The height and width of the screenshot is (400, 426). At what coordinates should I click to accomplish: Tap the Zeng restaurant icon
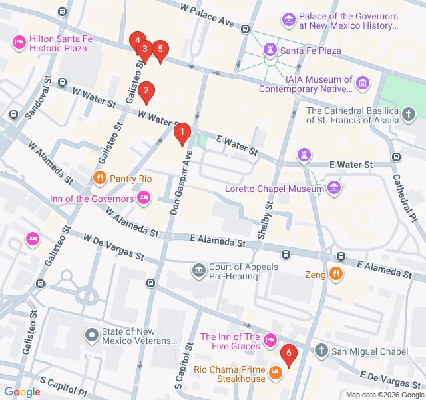coord(336,274)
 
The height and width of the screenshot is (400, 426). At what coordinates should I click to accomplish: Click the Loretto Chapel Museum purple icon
coord(333,189)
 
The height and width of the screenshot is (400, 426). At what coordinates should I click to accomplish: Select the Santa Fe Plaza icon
coord(270,51)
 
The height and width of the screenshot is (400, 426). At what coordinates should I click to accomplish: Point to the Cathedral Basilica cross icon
coord(409,115)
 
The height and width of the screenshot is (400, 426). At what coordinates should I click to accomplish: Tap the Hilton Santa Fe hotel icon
coord(19,43)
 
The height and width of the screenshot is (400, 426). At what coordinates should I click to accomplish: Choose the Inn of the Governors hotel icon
coord(143,198)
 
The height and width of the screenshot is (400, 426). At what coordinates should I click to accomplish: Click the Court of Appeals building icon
coord(198,271)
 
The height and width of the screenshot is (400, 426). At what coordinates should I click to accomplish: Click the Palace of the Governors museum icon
coord(288,21)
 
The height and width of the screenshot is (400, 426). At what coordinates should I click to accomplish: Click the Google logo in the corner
coord(22,392)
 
